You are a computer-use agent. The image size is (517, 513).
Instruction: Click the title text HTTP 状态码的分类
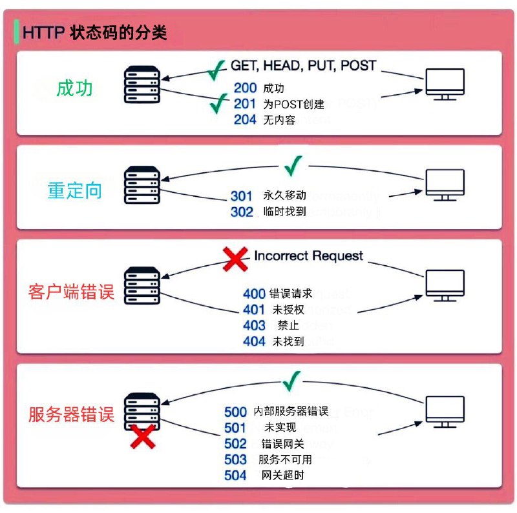tap(94, 33)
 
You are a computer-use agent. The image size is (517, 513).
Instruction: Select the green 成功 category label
tap(75, 88)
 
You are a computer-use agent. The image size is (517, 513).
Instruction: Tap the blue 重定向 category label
tap(75, 190)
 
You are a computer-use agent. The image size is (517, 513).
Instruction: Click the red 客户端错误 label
tap(71, 292)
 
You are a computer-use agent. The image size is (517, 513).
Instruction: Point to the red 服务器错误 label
tap(71, 414)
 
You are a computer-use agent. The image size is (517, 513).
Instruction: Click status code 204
tap(245, 119)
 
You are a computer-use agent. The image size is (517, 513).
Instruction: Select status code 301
tap(242, 196)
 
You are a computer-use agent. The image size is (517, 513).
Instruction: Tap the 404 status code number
tap(254, 341)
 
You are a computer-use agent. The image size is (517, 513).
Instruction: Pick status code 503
tap(235, 459)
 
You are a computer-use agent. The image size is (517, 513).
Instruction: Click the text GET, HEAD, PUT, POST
tap(303, 66)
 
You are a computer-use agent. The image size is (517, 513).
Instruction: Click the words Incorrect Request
tap(308, 256)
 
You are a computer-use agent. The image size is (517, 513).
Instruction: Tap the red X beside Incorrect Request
tap(235, 259)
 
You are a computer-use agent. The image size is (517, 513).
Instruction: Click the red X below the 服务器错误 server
tap(143, 437)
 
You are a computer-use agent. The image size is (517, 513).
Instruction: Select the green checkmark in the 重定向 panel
tap(293, 166)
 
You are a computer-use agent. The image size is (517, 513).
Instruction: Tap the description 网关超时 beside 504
tap(282, 476)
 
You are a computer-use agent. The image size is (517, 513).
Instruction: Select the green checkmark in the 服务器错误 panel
tap(293, 381)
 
